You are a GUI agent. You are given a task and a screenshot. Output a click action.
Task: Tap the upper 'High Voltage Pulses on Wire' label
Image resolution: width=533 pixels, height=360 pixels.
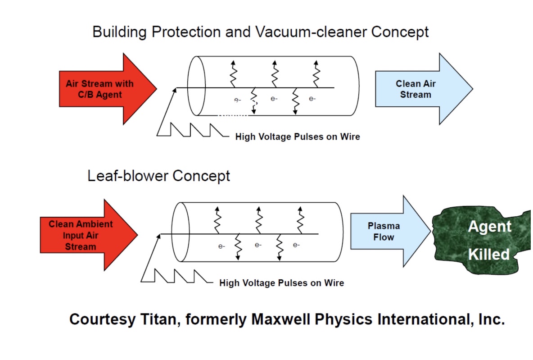pos(298,137)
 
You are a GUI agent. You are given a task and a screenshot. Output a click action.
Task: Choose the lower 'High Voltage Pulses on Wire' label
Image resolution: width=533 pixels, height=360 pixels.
pos(281,283)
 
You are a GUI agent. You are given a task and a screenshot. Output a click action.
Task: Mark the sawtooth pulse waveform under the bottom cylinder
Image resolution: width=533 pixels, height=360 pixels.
pos(176,276)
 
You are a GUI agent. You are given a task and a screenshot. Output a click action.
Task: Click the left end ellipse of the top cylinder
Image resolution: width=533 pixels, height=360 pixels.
pos(196,86)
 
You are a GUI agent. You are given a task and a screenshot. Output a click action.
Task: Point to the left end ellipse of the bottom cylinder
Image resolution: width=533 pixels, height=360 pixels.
pos(181,232)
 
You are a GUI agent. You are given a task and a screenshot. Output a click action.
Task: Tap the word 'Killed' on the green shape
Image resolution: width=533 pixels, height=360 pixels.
pos(488,255)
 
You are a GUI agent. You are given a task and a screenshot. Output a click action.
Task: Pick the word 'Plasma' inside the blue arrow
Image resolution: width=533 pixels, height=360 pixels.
pos(384,226)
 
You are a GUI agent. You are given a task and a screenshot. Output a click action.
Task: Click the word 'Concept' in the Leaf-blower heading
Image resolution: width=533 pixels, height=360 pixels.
pos(201,175)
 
